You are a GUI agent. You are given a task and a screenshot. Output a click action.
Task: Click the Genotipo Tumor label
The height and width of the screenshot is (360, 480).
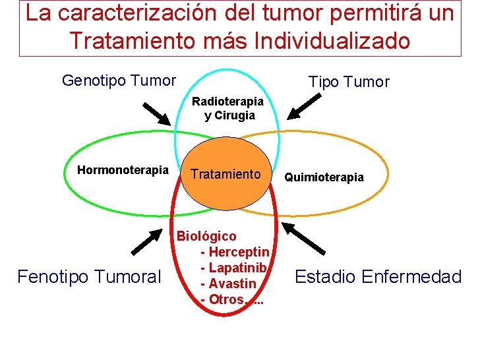[119, 80]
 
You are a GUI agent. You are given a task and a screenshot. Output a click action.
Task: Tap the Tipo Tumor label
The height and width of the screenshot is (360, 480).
[349, 82]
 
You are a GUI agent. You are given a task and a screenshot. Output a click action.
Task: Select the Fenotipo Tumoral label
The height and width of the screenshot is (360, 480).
[89, 276]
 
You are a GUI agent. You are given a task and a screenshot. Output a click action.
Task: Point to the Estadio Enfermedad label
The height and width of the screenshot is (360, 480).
[378, 276]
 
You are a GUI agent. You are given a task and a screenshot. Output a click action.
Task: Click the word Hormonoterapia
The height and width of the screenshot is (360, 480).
[123, 170]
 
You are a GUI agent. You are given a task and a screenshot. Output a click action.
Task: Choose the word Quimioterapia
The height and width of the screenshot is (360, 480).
[324, 177]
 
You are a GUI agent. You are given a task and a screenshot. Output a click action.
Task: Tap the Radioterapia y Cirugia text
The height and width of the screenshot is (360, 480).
[227, 109]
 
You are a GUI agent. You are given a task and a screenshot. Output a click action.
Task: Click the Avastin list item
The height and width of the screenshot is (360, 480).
[232, 284]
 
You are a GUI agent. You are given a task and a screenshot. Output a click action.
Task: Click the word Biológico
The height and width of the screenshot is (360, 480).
[206, 236]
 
